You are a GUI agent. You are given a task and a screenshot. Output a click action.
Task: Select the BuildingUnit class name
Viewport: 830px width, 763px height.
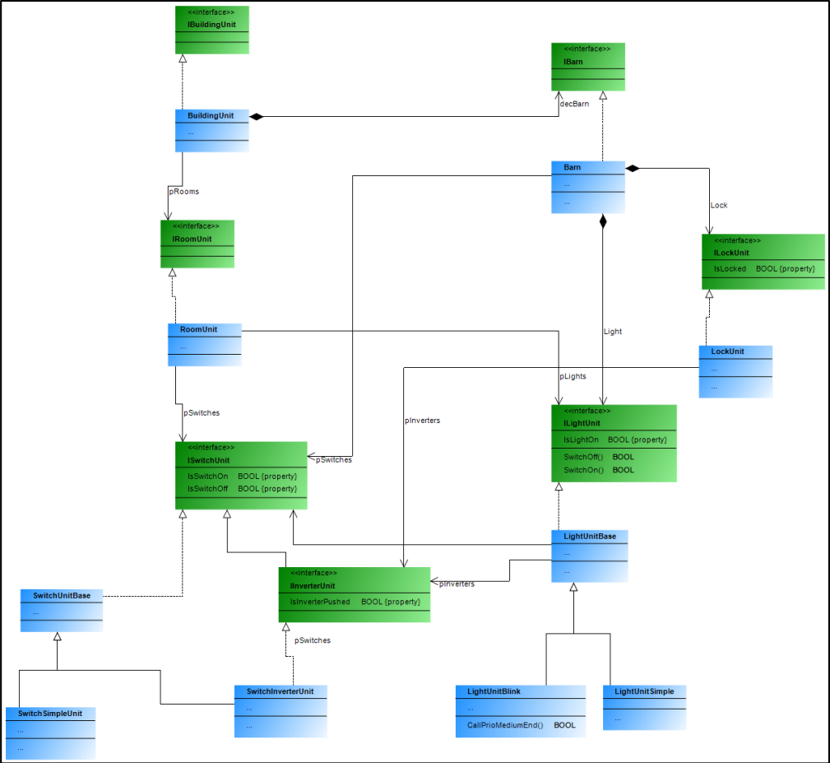210,116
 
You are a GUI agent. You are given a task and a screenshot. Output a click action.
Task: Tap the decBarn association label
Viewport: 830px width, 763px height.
574,104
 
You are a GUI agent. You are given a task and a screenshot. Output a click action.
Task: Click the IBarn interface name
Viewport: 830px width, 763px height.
573,63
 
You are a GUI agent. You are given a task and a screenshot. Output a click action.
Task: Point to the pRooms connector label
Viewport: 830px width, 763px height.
184,191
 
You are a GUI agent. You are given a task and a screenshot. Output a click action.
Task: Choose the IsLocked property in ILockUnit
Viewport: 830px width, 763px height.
730,268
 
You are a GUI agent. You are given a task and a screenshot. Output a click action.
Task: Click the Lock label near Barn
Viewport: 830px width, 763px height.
719,205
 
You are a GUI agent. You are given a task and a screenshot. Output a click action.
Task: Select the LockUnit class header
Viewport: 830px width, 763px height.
727,351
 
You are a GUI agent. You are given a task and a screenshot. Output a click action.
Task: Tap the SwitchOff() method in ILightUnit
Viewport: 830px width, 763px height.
583,457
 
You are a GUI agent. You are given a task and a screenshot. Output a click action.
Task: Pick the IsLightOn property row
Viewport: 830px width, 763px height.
582,440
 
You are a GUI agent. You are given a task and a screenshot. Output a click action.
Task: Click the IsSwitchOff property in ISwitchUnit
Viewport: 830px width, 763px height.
207,489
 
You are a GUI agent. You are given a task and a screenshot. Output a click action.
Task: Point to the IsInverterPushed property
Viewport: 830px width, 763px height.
320,602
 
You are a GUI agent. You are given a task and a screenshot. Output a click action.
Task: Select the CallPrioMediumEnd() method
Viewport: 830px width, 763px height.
505,725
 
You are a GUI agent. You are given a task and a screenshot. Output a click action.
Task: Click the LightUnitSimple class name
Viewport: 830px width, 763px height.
644,691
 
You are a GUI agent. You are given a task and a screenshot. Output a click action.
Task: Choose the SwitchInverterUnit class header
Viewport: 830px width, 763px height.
280,691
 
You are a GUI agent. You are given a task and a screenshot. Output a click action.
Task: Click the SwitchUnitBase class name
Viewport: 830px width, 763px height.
62,595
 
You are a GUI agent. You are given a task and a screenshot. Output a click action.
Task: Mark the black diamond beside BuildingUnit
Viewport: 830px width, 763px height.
256,117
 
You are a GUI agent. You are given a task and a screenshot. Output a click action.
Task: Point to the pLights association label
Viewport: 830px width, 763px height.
573,376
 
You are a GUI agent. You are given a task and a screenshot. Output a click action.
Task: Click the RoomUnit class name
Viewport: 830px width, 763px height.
198,329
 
